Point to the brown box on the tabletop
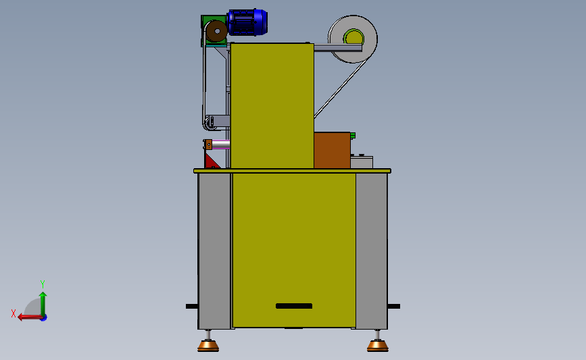pyautogui.click(x=331, y=150)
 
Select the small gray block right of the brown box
pyautogui.click(x=362, y=162)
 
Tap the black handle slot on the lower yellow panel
pyautogui.click(x=294, y=306)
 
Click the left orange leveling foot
pyautogui.click(x=207, y=345)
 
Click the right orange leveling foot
pyautogui.click(x=377, y=345)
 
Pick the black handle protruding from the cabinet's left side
pyautogui.click(x=191, y=306)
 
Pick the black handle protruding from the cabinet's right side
pyautogui.click(x=394, y=306)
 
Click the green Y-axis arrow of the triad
pyautogui.click(x=43, y=301)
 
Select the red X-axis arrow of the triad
pyautogui.click(x=27, y=317)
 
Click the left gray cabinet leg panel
pyautogui.click(x=214, y=250)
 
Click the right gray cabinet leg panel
pyautogui.click(x=371, y=250)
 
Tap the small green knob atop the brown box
pyautogui.click(x=353, y=135)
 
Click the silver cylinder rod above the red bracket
pyautogui.click(x=222, y=144)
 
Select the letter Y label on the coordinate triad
pyautogui.click(x=42, y=284)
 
